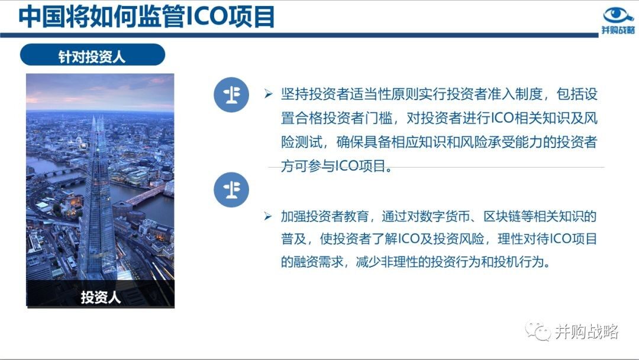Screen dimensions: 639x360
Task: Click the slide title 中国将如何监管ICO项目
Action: pyautogui.click(x=147, y=17)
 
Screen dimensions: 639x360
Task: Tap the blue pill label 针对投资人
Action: pyautogui.click(x=92, y=55)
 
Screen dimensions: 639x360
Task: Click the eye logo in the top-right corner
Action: pyautogui.click(x=618, y=15)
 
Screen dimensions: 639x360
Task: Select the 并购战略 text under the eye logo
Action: pyautogui.click(x=618, y=30)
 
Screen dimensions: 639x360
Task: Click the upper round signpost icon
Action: pyautogui.click(x=231, y=95)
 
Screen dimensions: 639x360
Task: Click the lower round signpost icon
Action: pyautogui.click(x=231, y=189)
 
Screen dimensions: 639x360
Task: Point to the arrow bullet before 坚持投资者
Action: pyautogui.click(x=268, y=94)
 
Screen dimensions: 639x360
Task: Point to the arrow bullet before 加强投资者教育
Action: pyautogui.click(x=268, y=216)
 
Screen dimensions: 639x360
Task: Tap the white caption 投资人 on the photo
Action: pyautogui.click(x=101, y=297)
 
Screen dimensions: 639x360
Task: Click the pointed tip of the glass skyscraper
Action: pyautogui.click(x=93, y=117)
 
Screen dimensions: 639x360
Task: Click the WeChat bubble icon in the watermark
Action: pyautogui.click(x=538, y=330)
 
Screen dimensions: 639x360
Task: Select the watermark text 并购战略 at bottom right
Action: pyautogui.click(x=587, y=332)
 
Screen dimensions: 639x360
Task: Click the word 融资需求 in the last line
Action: pyautogui.click(x=319, y=261)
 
